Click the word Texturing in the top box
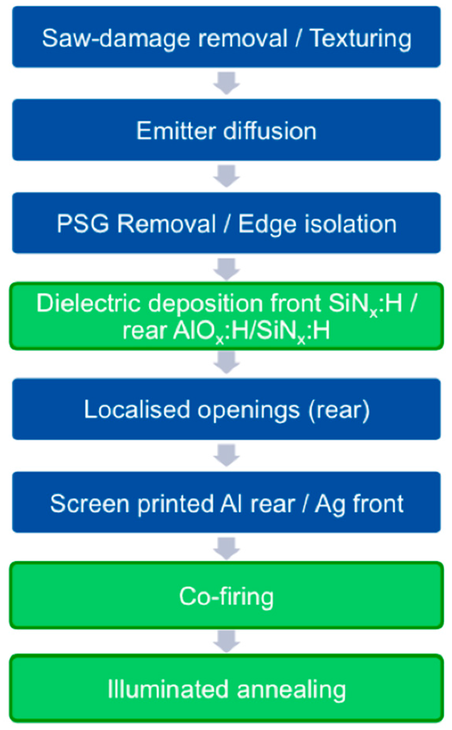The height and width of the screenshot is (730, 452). (360, 39)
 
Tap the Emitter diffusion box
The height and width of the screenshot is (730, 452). (226, 130)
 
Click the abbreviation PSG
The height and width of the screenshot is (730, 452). (83, 224)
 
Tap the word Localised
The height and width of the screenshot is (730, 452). (137, 410)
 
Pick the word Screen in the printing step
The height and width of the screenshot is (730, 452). (90, 504)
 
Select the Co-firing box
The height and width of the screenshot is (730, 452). (226, 596)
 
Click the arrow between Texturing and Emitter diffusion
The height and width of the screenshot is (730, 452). (226, 83)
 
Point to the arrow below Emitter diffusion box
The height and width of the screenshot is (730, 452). (226, 176)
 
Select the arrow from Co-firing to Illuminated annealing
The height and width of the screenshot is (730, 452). (226, 641)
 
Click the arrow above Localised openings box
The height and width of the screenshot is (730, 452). (226, 362)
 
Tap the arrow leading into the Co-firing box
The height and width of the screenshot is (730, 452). (226, 548)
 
